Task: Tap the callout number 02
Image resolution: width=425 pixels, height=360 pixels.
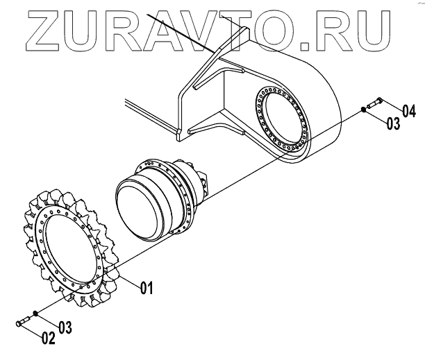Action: click(47, 338)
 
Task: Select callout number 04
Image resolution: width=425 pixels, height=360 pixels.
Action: click(408, 111)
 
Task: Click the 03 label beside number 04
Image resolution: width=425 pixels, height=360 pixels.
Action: click(393, 125)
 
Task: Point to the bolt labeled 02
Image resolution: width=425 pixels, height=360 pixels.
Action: click(24, 320)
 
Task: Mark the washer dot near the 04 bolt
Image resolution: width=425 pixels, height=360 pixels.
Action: click(365, 110)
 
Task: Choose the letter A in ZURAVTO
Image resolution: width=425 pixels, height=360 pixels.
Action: click(159, 26)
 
